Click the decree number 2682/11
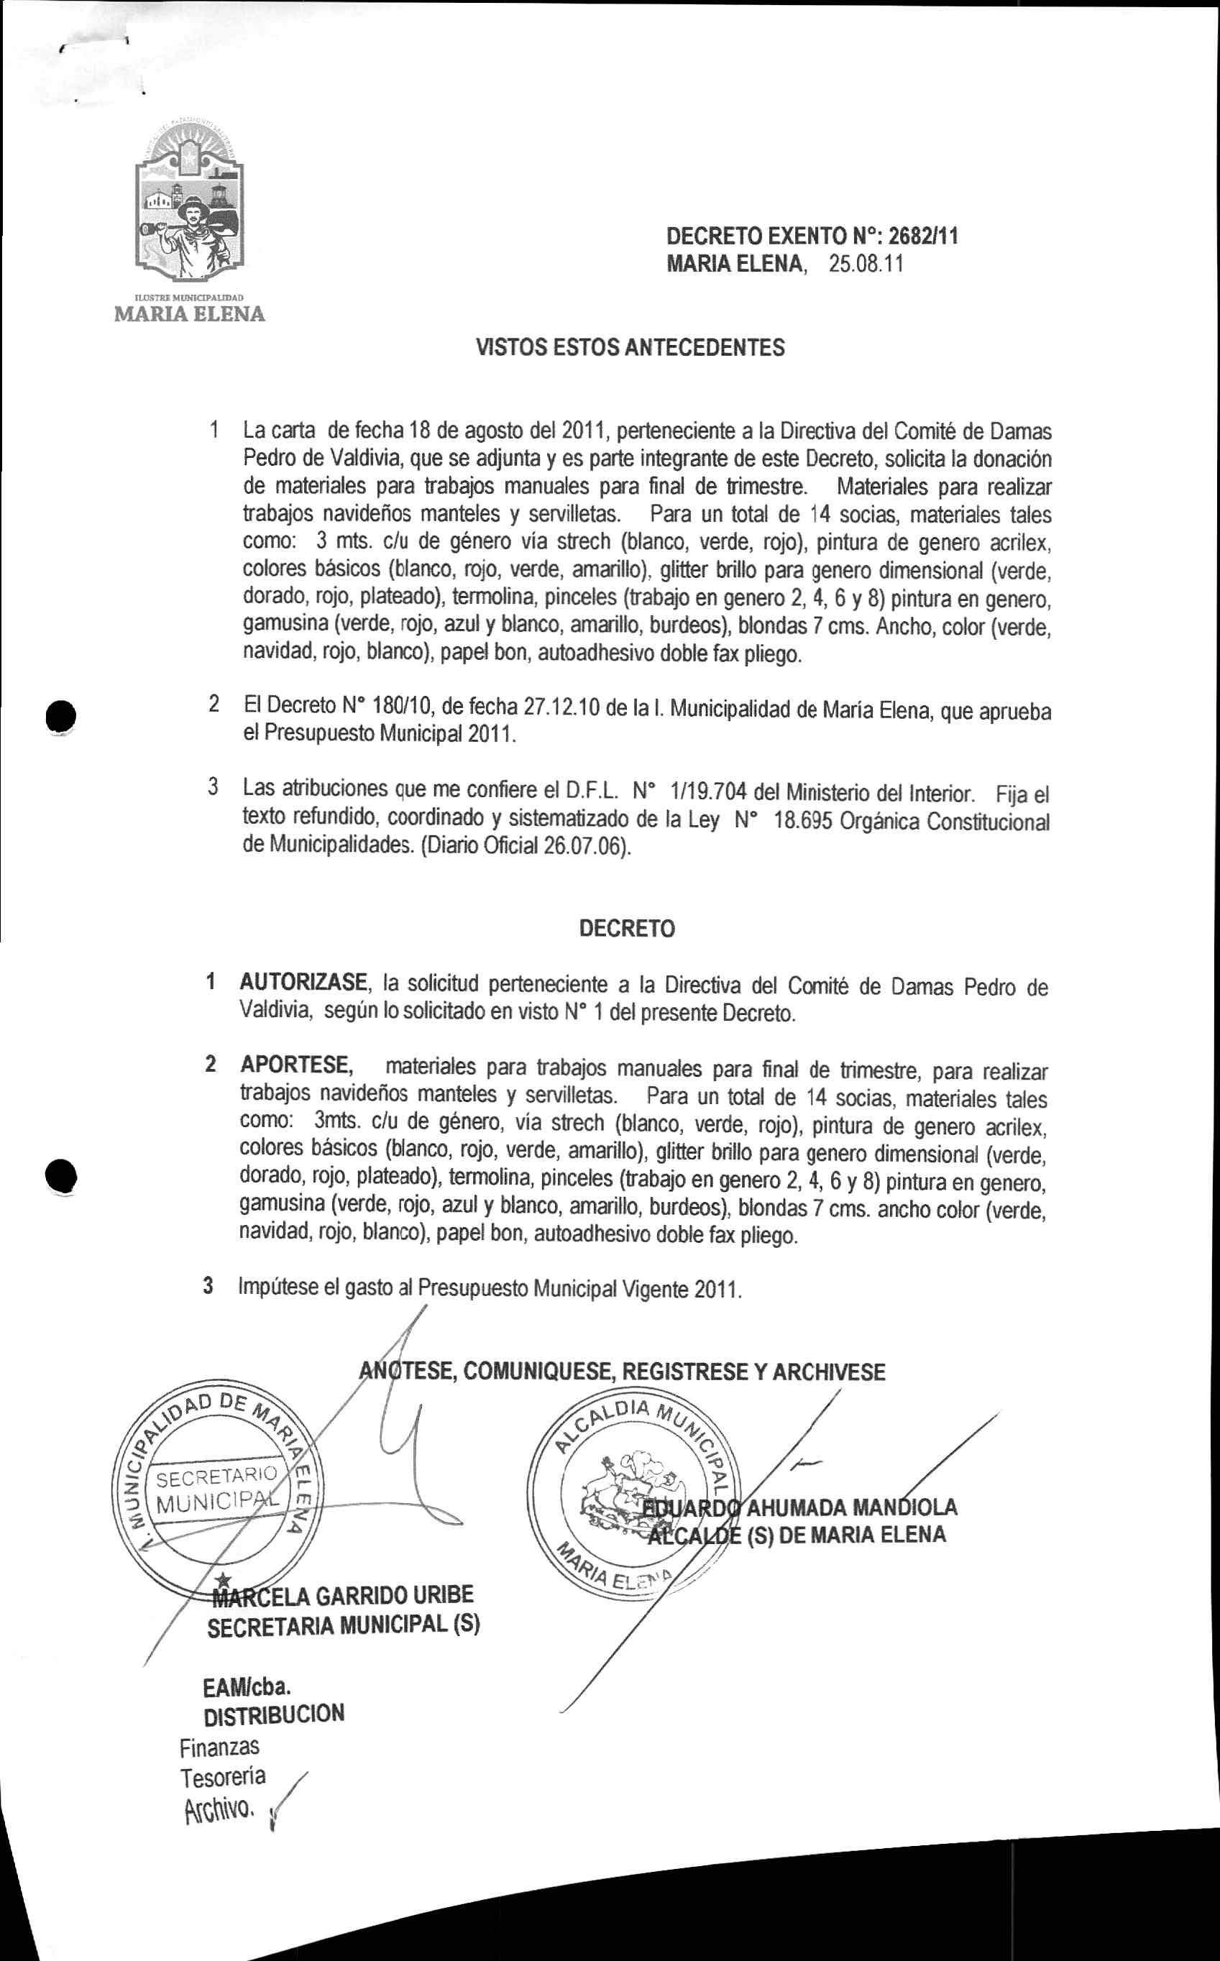point(923,236)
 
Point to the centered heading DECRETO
point(626,929)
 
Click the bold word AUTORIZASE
point(303,983)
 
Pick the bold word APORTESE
point(297,1065)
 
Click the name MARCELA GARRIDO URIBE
point(343,1595)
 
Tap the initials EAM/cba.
point(247,1686)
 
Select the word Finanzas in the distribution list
point(219,1747)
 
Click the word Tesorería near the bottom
point(222,1776)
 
